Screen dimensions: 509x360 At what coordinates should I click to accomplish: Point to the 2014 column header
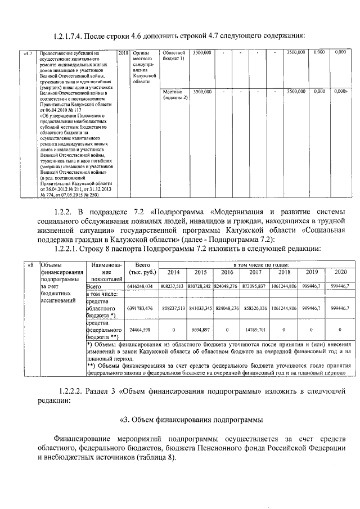(172, 272)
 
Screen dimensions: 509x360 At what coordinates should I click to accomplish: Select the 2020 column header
(340, 272)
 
